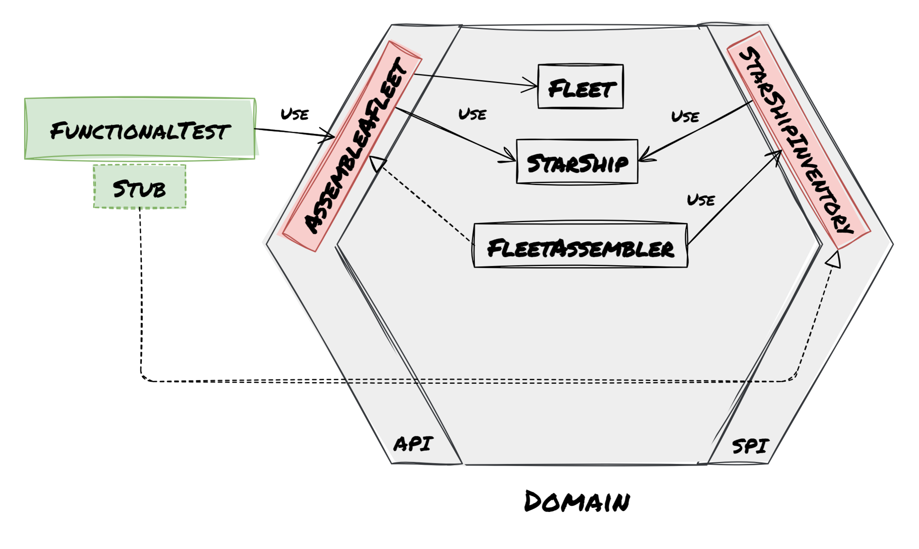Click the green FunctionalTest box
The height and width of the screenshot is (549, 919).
pos(139,129)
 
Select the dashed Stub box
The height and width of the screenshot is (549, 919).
pos(139,187)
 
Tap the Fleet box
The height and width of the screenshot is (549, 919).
pos(580,87)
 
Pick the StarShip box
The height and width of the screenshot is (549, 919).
pos(577,162)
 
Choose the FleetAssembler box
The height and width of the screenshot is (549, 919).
pos(581,246)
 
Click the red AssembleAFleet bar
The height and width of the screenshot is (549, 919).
pos(352,146)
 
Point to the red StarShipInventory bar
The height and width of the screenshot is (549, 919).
pos(798,139)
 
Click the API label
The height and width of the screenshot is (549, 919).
pos(413,444)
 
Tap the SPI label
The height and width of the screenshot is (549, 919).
pos(750,446)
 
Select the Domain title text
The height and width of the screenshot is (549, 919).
pos(577,501)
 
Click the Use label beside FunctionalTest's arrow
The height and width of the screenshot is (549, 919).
pos(294,114)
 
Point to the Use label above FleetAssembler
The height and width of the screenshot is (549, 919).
pos(701,200)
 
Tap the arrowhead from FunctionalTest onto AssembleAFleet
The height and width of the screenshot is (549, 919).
pos(329,136)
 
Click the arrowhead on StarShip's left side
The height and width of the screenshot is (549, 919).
pos(510,159)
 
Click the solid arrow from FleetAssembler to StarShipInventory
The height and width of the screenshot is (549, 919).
pos(732,199)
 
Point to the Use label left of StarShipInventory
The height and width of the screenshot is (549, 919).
pos(685,117)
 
